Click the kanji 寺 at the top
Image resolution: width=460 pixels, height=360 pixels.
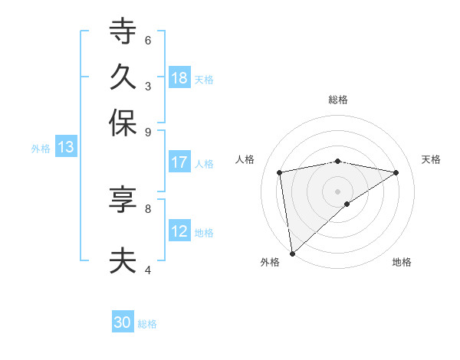[x=123, y=32]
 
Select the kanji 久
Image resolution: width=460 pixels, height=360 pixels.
[x=123, y=77]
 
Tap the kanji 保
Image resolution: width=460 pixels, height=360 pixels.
[x=123, y=123]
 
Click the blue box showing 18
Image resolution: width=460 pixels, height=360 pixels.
[x=179, y=77]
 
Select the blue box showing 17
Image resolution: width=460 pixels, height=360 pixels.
[x=179, y=162]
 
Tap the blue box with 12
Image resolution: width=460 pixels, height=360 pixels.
[x=179, y=231]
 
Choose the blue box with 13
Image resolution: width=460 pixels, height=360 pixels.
[x=65, y=147]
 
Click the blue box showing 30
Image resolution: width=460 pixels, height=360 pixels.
[x=123, y=322]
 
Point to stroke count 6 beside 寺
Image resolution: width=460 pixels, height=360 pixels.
[x=148, y=40]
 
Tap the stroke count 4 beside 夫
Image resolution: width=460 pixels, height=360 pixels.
[x=148, y=269]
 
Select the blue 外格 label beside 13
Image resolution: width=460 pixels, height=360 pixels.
[x=41, y=148]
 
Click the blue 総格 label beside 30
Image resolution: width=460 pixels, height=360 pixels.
[x=147, y=324]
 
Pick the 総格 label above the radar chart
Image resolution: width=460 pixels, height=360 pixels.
[x=338, y=100]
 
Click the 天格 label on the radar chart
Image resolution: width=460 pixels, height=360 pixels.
[x=431, y=159]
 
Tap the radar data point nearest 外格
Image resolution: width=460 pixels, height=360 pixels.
[x=292, y=254]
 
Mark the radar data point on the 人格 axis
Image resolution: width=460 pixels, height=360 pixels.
[x=280, y=172]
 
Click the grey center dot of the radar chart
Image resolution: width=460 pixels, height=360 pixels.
[x=338, y=191]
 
